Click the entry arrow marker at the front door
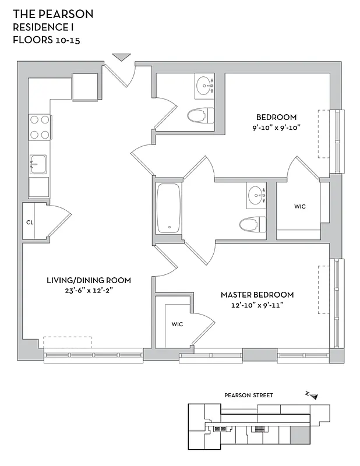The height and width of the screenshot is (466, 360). click(122, 57)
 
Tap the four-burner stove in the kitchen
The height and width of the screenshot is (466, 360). click(39, 127)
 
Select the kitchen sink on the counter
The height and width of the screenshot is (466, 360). click(38, 164)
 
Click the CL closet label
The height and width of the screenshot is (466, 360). click(29, 222)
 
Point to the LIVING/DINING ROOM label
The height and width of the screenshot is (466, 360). click(89, 280)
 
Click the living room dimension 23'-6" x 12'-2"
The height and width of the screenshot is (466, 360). click(88, 290)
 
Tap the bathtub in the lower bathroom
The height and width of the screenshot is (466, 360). click(169, 209)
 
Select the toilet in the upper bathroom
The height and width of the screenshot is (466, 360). click(197, 115)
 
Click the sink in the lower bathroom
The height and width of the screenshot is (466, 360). click(255, 194)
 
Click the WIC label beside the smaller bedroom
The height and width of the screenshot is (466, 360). click(300, 206)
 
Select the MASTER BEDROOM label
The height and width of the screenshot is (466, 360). click(257, 295)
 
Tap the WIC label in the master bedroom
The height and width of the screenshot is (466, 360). click(177, 324)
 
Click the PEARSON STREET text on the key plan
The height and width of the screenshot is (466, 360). click(248, 395)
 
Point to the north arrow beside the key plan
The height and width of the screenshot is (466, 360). click(313, 396)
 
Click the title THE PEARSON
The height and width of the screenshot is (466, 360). click(53, 13)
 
